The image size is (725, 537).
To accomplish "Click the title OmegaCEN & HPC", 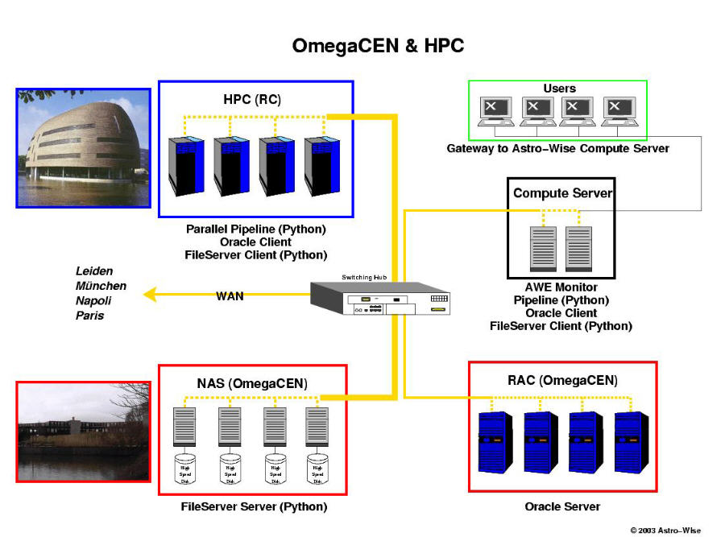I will click(378, 46).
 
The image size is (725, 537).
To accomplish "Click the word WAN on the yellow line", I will click(230, 295).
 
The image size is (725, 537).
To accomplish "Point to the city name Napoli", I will click(93, 300).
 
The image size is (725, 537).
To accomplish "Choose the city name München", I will click(101, 286).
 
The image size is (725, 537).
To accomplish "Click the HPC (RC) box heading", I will click(252, 100).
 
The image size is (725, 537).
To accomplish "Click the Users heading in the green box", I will click(559, 88).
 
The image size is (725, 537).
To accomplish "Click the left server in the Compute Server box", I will click(542, 248).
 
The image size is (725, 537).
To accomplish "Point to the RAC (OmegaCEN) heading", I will click(563, 380).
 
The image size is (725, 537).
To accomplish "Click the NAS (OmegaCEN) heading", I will click(252, 383).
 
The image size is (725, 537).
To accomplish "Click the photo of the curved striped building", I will click(84, 147).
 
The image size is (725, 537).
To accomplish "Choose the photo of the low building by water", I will click(84, 432).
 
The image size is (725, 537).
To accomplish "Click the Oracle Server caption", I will click(562, 506).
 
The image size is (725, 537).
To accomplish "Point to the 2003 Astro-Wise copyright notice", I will click(665, 530).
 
